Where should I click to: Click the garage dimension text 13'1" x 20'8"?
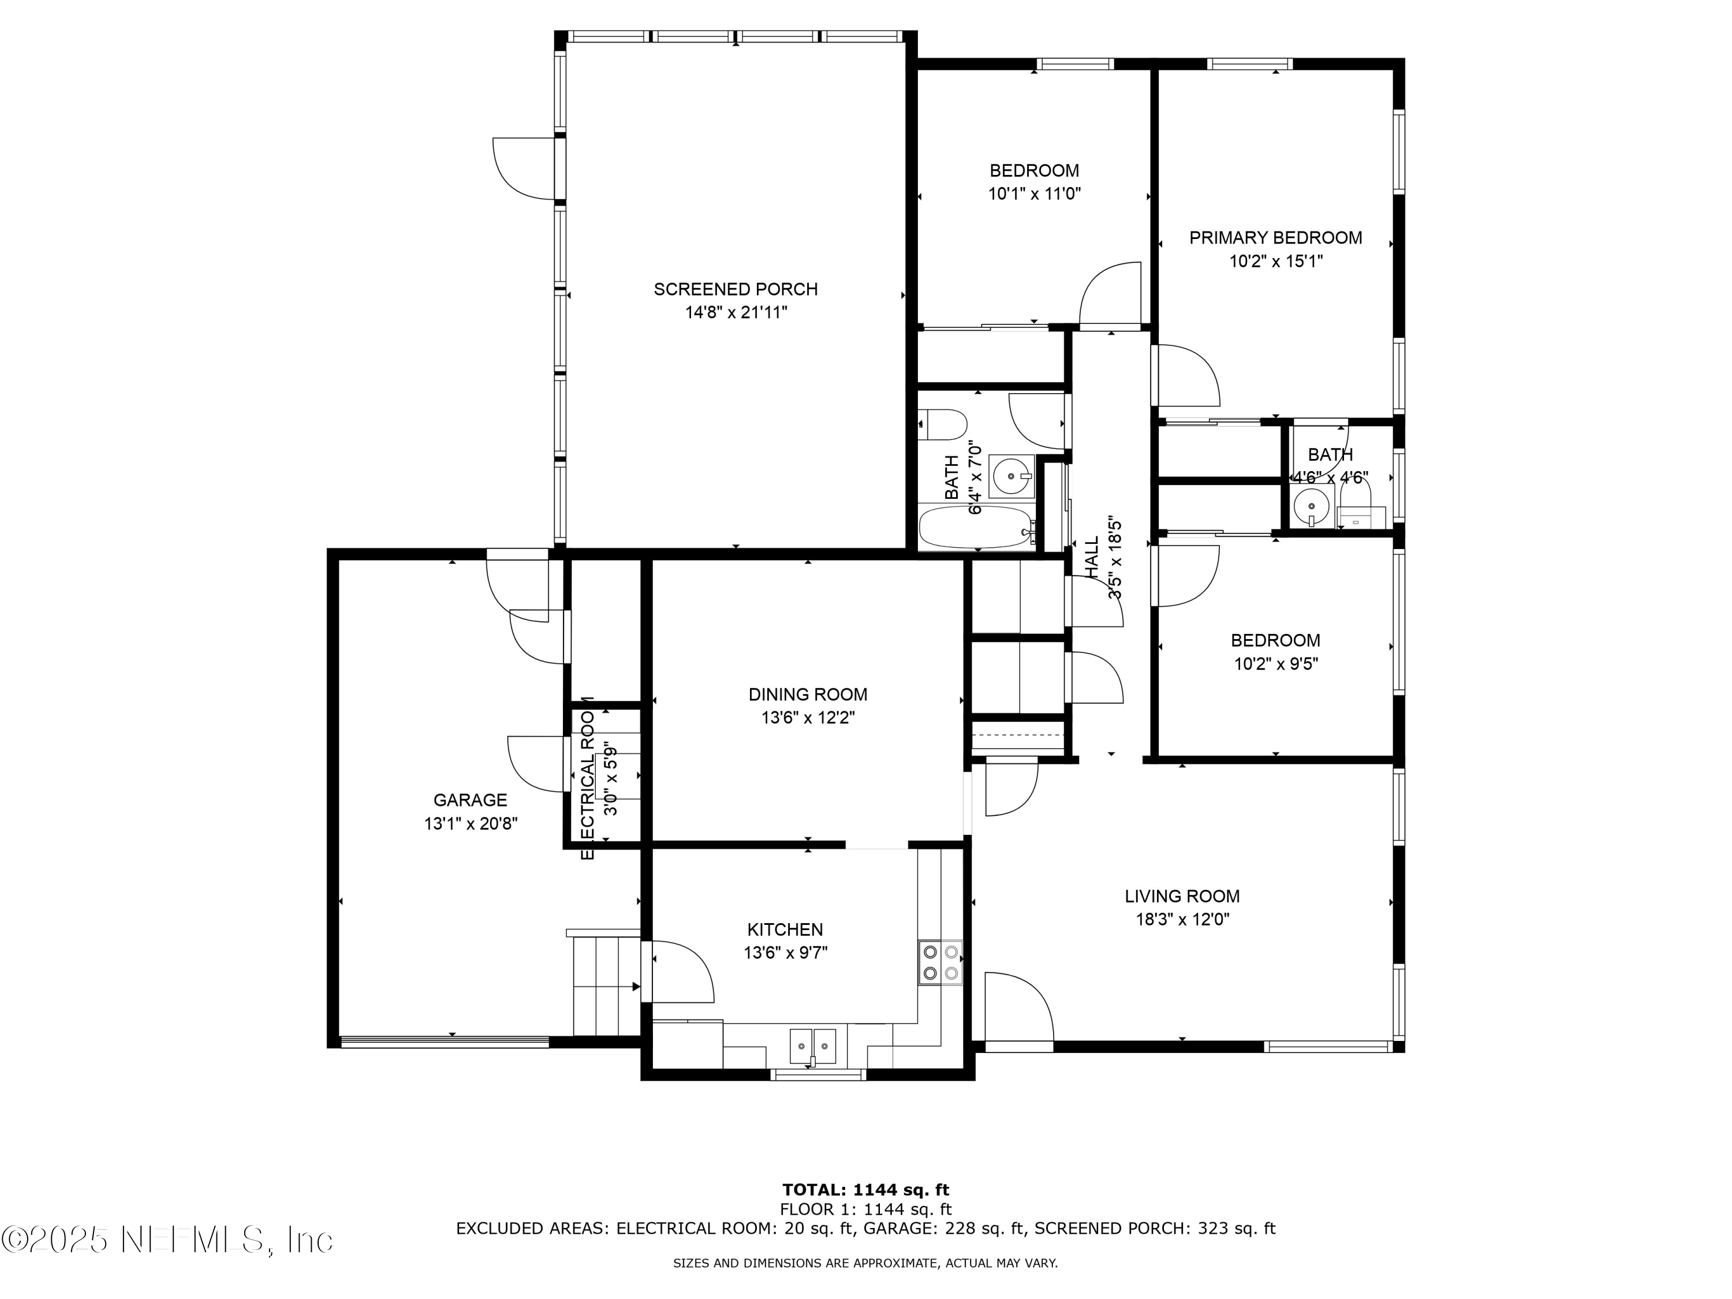[471, 824]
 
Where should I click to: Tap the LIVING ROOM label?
[1182, 897]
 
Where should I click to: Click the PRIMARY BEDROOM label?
[1275, 238]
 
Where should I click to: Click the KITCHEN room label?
[785, 930]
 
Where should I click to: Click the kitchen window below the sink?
[818, 1075]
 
